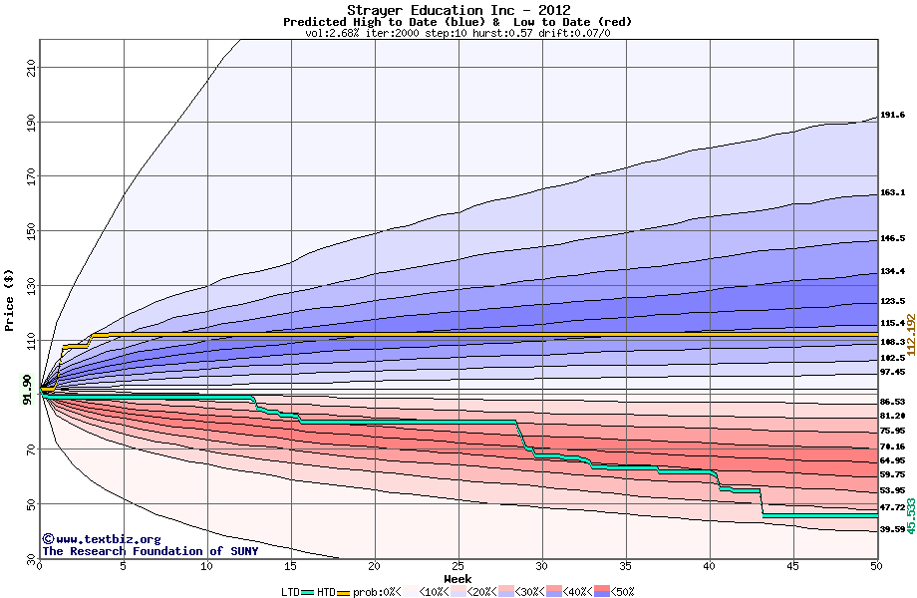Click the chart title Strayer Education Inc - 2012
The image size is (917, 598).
pos(458,10)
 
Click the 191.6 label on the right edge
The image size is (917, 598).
pos(892,116)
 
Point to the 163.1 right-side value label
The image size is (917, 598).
pos(892,193)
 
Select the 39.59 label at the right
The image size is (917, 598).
pos(892,530)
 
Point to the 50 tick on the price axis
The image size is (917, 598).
pos(30,504)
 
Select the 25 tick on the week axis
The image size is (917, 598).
pos(458,566)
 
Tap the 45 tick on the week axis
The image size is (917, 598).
pos(792,566)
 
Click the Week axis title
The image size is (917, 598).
pos(458,578)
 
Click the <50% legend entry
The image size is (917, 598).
pos(619,591)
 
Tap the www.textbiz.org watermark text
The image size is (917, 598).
pos(95,539)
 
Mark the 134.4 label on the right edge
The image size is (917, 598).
pos(892,272)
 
